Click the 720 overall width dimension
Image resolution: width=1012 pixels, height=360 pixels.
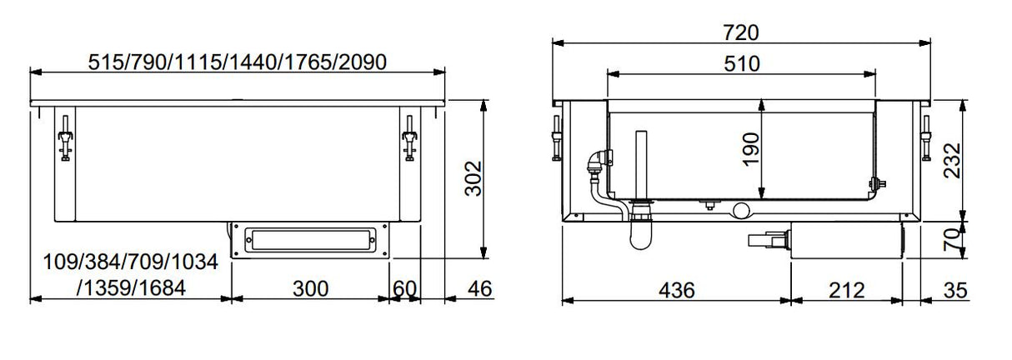[x=741, y=32]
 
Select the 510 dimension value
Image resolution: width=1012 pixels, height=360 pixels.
[x=741, y=63]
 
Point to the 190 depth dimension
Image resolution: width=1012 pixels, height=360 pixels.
[x=751, y=149]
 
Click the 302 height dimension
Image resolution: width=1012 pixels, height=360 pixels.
[x=473, y=178]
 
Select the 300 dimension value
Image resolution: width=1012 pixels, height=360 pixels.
[x=310, y=289]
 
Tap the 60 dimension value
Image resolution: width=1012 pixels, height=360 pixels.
[x=404, y=289]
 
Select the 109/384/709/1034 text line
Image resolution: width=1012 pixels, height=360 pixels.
[x=130, y=263]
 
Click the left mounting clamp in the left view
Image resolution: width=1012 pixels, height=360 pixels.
[x=63, y=138]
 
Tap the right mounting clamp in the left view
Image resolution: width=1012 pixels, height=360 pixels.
[x=408, y=138]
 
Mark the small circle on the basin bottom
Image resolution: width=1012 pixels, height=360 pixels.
[x=741, y=209]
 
